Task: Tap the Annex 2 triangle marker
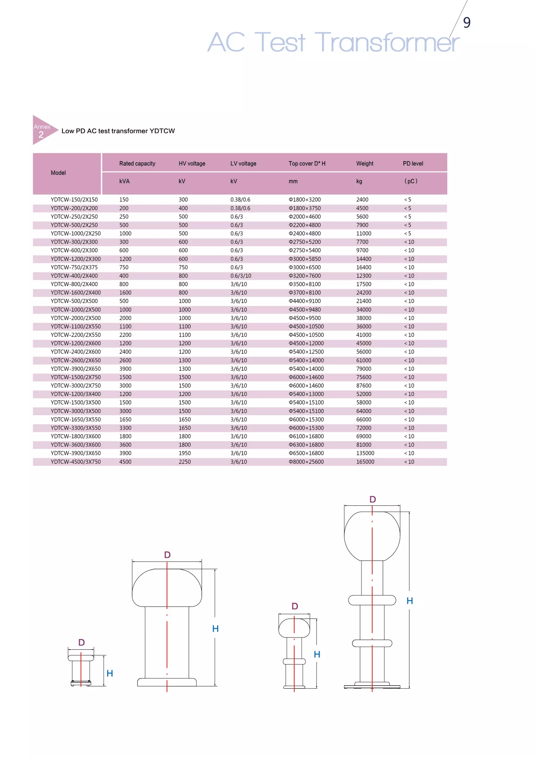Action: (x=43, y=130)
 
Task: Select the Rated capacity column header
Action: (x=137, y=164)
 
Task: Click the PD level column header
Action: (x=413, y=164)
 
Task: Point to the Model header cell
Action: (x=58, y=173)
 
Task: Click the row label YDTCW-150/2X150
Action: (x=74, y=199)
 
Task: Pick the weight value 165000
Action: (x=365, y=461)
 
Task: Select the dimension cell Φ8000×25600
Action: (x=306, y=461)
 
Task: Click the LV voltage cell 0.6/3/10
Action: (x=241, y=276)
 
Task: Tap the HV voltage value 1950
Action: (x=185, y=453)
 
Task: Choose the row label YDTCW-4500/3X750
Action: (x=75, y=461)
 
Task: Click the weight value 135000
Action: (x=365, y=453)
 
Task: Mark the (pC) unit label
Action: (x=411, y=181)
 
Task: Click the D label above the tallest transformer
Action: (x=373, y=499)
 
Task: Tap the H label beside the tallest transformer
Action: (x=409, y=601)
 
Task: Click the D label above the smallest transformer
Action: (x=82, y=642)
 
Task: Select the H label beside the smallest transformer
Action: (x=110, y=673)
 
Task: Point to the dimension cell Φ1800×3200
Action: (x=304, y=199)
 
